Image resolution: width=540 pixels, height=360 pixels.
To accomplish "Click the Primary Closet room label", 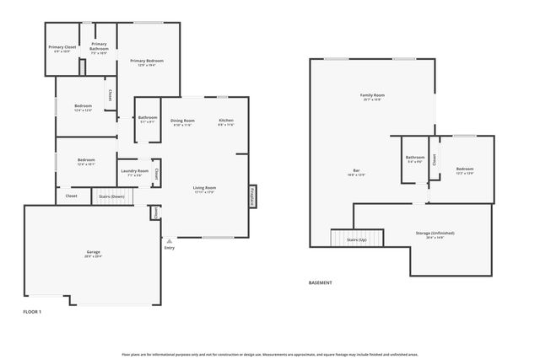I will click(x=62, y=47).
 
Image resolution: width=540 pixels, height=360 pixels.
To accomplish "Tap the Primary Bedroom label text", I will click(x=147, y=61).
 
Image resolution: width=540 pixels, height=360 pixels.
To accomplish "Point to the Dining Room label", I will click(x=182, y=121).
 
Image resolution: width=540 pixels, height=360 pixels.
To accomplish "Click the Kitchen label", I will click(x=225, y=121).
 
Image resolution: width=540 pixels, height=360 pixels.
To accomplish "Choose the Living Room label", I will click(x=204, y=187).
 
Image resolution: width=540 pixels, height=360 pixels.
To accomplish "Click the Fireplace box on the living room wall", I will click(x=251, y=195).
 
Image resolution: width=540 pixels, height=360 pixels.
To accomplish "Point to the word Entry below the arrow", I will click(x=169, y=247).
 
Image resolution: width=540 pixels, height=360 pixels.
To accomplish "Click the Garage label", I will click(x=93, y=252).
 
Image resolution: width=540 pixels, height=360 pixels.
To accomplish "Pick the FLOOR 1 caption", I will click(x=32, y=312).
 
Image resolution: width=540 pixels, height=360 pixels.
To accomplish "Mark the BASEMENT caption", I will click(x=320, y=282).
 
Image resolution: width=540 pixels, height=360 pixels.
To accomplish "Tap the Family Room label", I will click(x=372, y=95).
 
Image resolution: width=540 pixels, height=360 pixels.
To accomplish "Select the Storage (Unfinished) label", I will click(x=435, y=233).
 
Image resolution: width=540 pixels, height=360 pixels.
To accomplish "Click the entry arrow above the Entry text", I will click(x=169, y=239).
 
